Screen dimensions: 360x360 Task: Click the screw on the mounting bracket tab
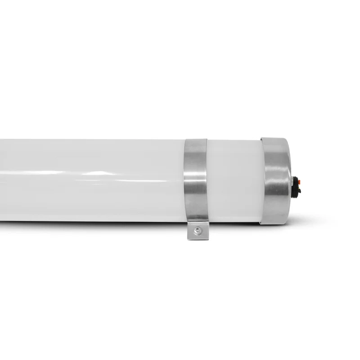coord(197,230)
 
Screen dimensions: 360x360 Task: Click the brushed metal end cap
coord(275,180)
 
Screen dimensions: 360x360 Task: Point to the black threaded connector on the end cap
coord(297,187)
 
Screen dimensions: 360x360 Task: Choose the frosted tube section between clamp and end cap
coord(234,180)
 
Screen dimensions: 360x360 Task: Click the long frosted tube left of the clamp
coord(90,180)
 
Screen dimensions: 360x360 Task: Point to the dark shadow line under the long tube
coord(90,221)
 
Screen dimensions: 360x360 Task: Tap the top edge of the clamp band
coord(195,140)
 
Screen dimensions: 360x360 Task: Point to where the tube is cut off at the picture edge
coord(1,180)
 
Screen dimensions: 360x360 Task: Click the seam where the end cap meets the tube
coord(262,180)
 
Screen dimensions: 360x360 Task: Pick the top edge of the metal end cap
coord(274,139)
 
